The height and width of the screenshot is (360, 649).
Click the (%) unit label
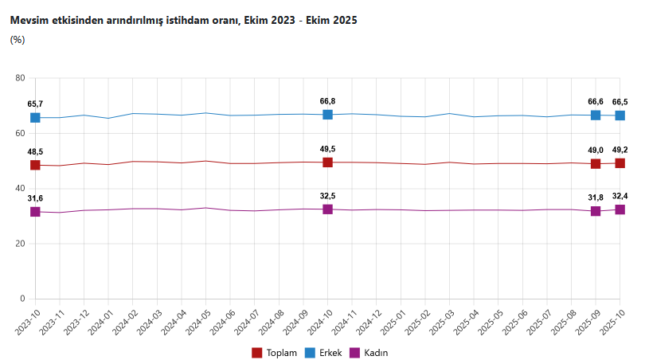18,39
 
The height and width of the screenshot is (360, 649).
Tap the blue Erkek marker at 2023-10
35,118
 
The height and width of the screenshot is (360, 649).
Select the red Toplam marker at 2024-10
327,162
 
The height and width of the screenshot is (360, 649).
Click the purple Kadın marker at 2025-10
620,209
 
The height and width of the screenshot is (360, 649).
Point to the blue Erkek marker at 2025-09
595,115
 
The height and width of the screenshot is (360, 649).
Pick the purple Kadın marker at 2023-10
35,212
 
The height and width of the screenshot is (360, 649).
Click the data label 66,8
327,101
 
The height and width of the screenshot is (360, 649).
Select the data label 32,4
620,196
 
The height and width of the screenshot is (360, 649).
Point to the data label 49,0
595,150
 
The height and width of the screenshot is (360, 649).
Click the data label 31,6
35,198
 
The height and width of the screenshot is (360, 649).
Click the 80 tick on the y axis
21,78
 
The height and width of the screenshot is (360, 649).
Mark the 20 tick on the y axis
21,244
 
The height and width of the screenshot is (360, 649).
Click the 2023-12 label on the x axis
72,323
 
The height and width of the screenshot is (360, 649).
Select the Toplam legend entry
275,352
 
